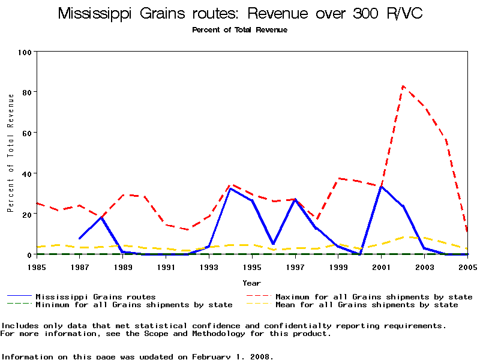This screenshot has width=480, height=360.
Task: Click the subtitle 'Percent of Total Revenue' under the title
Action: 239,30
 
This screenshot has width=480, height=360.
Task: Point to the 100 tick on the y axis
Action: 25,52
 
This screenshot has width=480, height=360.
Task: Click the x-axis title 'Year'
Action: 251,283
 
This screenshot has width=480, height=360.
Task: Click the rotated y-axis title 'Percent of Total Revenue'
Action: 10,153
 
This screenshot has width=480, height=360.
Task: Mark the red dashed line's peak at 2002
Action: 403,86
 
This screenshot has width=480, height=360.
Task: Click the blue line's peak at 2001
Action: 381,186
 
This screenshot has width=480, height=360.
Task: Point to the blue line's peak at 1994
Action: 230,188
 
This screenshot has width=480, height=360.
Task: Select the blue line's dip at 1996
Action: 274,244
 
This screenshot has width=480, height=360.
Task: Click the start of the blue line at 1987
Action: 80,239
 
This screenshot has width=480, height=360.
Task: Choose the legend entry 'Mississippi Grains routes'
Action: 95,296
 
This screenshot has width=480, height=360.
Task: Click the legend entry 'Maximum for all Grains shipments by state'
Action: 373,296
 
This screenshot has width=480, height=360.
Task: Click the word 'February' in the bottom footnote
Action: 213,356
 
